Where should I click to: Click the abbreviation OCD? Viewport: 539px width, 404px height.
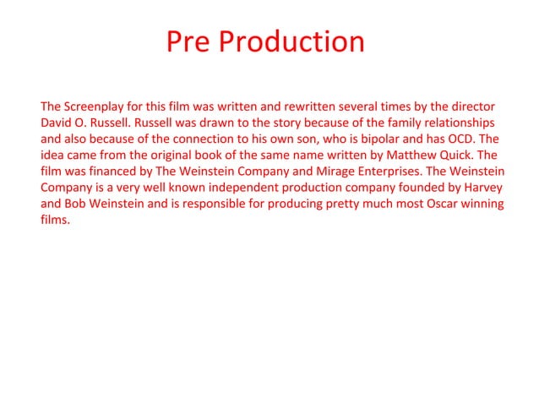(x=469, y=139)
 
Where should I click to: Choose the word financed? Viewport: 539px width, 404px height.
(x=107, y=171)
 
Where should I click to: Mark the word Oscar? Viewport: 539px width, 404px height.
(x=421, y=203)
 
